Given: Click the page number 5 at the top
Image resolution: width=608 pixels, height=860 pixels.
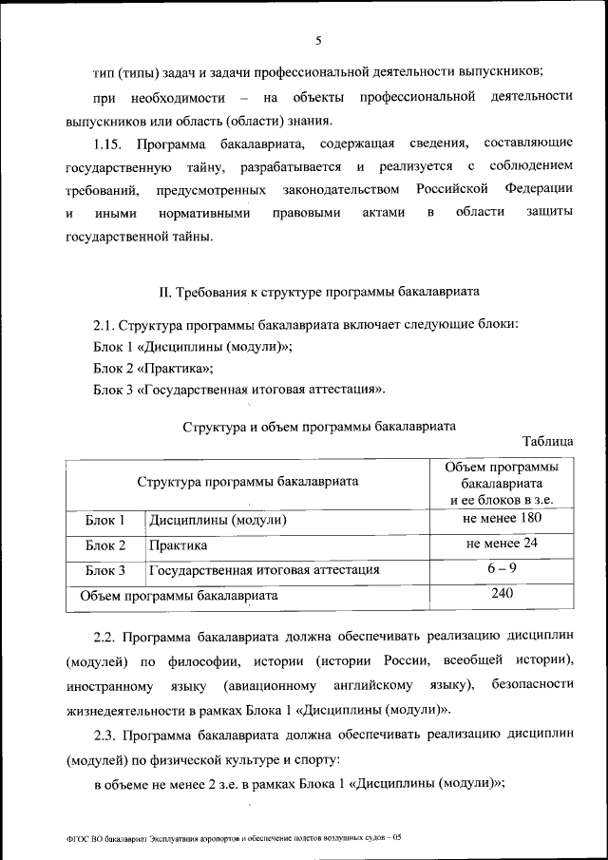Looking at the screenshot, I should point(318,40).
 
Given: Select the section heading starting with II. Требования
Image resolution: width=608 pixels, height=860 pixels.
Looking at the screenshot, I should point(318,290).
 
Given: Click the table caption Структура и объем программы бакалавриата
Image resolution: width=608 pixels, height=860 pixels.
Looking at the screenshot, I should point(318,426).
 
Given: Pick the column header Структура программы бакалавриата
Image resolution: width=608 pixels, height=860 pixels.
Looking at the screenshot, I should point(247,482).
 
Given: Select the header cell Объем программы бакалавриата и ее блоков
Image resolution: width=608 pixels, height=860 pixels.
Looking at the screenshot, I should point(501,483).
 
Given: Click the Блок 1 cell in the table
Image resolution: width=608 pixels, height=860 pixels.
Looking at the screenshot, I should point(105,521).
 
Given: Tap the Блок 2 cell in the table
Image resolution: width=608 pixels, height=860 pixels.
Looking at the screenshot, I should point(105,546).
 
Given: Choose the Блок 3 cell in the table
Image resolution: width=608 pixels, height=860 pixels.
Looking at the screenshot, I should point(105,571).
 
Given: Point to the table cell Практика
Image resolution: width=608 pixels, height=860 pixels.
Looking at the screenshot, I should point(178,546).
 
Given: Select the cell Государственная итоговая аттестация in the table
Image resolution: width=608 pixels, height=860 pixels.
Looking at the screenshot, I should point(264,571).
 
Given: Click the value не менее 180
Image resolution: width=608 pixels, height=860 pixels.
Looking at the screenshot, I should point(502,519).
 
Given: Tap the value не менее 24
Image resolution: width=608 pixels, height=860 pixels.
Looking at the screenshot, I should point(502,545).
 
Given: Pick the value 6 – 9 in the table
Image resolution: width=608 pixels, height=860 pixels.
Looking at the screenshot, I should point(502,569).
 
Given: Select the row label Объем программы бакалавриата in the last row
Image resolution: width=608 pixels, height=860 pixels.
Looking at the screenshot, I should point(179,597).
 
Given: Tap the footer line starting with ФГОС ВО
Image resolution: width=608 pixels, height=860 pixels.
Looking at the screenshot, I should point(229,837).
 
